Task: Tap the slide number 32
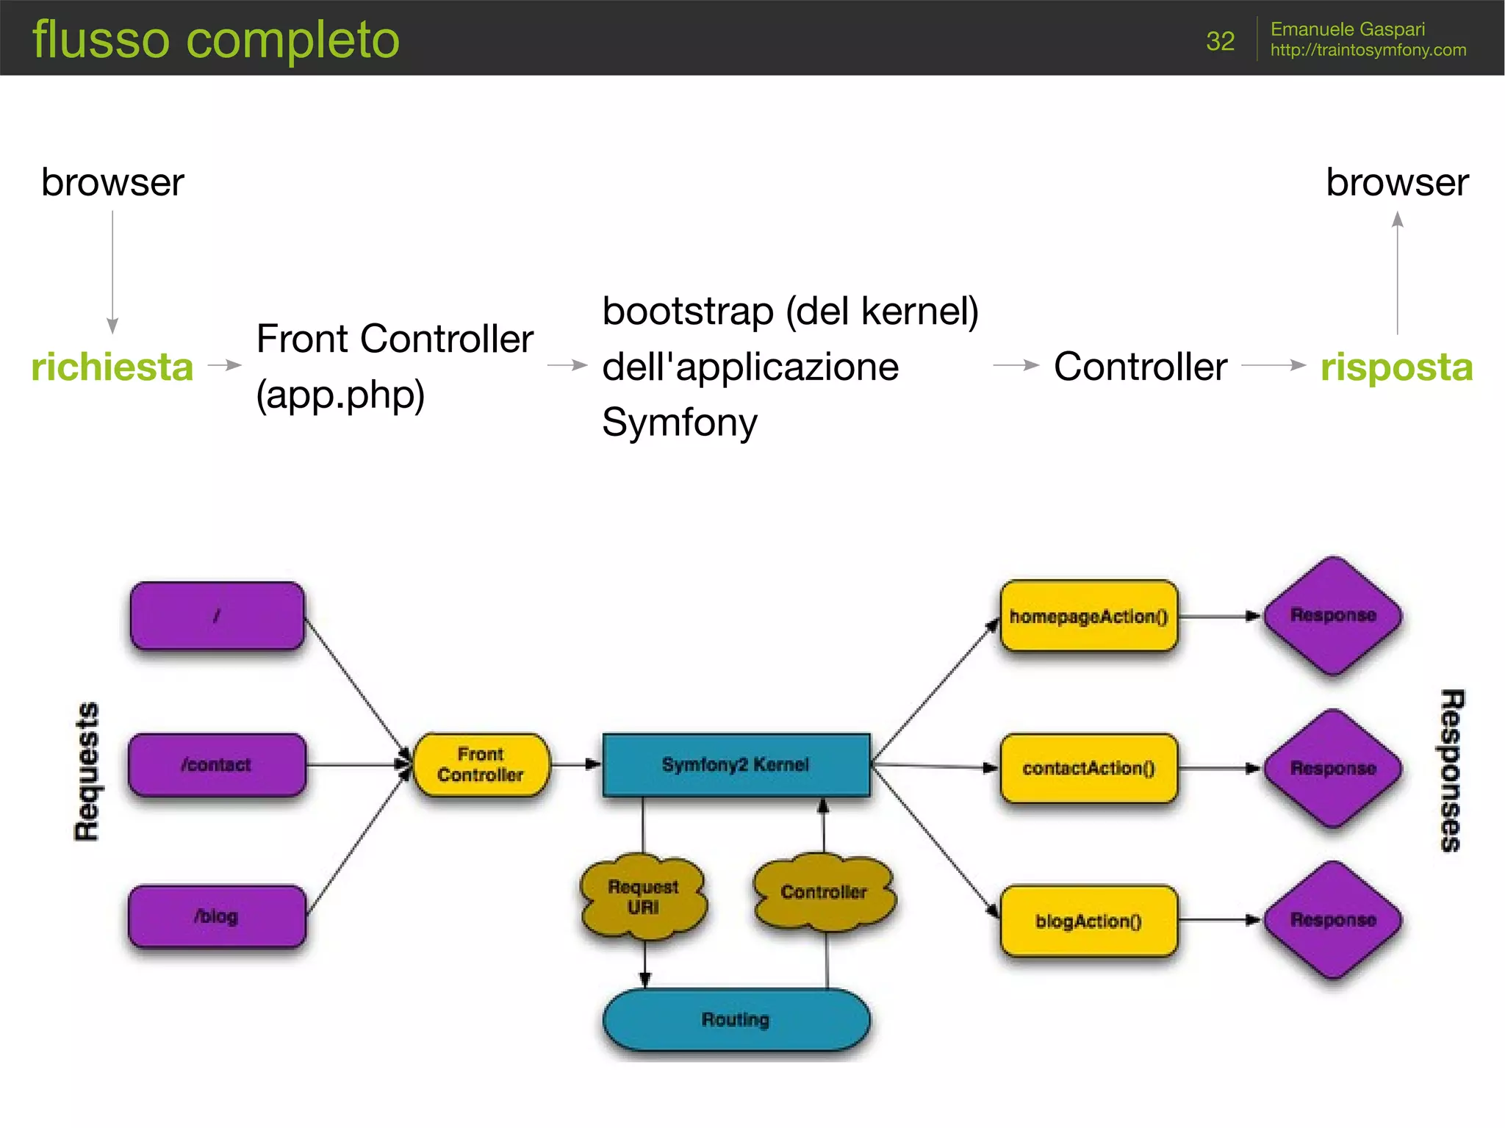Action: (1220, 41)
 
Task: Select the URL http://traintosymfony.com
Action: (1368, 50)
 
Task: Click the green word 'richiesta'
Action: (112, 367)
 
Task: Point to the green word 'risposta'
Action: (1396, 367)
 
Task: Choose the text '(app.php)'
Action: (340, 395)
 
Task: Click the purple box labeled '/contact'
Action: (217, 765)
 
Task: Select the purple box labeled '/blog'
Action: (217, 916)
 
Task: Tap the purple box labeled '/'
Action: (217, 616)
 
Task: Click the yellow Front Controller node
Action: (481, 765)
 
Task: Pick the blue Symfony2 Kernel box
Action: (736, 765)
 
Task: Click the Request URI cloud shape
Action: (643, 897)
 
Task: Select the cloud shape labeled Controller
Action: (824, 892)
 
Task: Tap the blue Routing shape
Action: (736, 1019)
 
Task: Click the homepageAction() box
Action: (1088, 617)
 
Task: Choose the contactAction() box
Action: (1088, 769)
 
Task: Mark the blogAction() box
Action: (1088, 921)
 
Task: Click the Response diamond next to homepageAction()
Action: (1333, 616)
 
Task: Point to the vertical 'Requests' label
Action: (87, 771)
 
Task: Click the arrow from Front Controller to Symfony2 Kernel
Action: (575, 765)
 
